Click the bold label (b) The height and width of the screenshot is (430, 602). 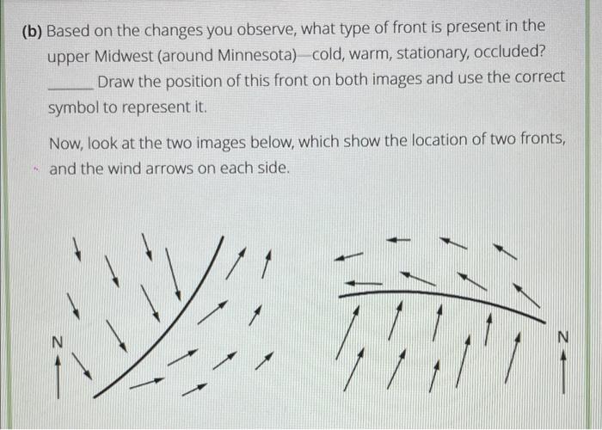tap(31, 31)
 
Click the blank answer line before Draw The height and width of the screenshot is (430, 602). tap(70, 86)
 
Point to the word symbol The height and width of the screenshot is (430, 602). tap(72, 109)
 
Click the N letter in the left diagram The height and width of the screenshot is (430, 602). tap(57, 342)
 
